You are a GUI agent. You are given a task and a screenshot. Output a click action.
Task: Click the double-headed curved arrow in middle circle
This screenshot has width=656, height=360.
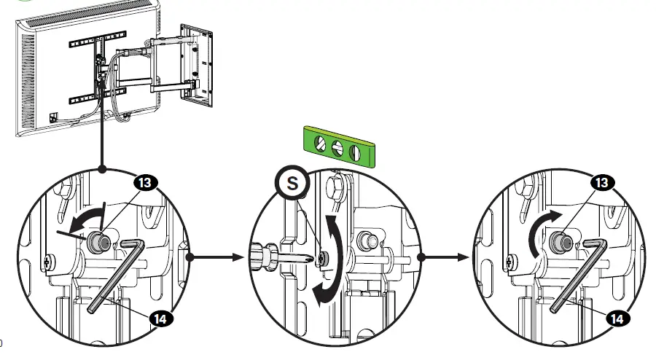(x=329, y=255)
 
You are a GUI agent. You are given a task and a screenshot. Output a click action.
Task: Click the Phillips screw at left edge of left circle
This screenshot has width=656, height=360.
(x=48, y=260)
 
